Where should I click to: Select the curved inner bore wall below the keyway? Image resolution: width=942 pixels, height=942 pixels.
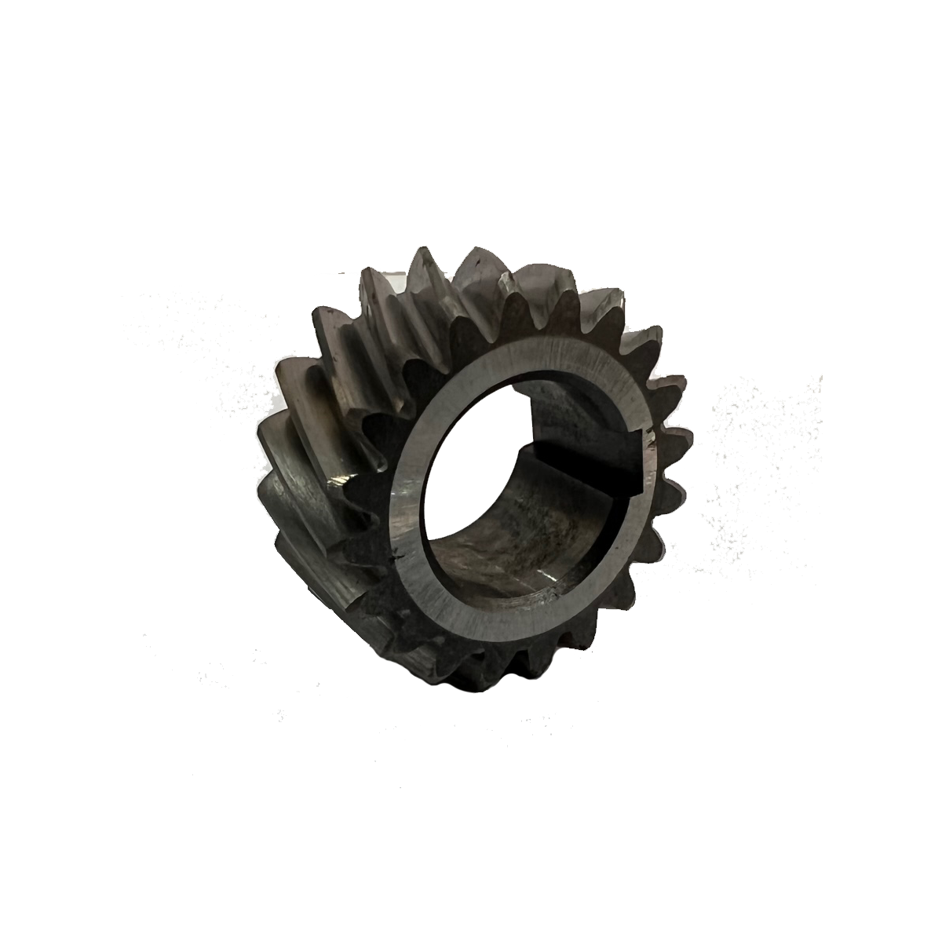[510, 534]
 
